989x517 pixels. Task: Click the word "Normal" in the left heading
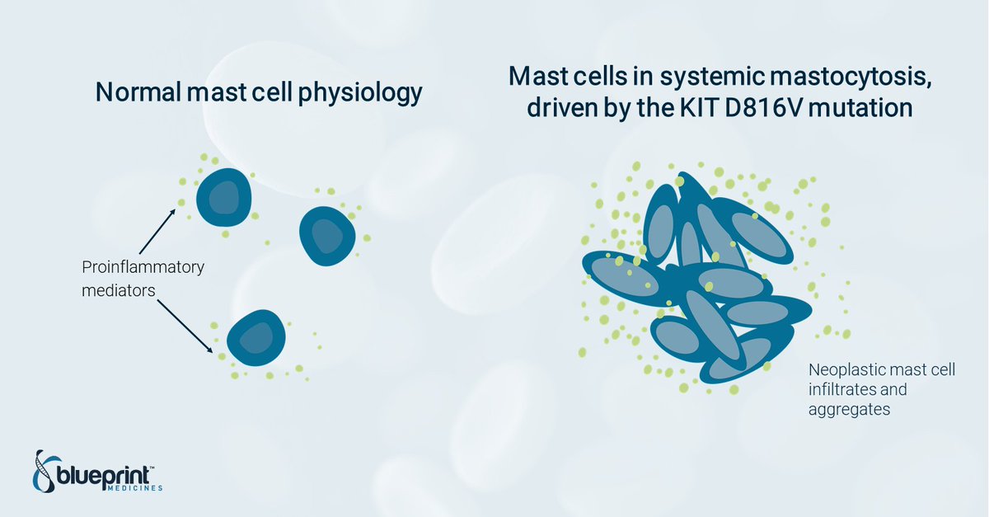coord(138,92)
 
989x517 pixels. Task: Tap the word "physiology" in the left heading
coord(360,94)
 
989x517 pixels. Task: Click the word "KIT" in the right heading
coord(699,108)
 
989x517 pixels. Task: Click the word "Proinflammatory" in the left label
coord(143,268)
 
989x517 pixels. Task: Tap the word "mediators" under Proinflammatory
coord(119,291)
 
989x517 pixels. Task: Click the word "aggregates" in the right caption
coord(849,410)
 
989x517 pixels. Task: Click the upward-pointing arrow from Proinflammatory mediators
coord(157,232)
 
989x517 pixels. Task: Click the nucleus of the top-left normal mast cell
coord(223,197)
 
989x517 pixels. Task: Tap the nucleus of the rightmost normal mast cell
coord(327,236)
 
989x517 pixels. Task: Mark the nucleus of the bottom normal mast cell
coord(256,338)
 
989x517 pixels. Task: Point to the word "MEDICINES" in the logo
coord(135,488)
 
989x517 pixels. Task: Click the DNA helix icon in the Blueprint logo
coord(45,472)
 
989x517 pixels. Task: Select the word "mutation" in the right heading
coord(860,108)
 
